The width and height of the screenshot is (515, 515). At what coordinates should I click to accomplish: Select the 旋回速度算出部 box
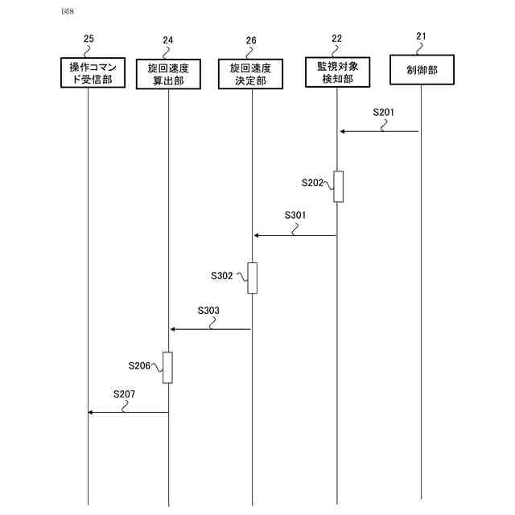(x=169, y=73)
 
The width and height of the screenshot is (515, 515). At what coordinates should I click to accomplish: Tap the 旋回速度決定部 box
(x=251, y=73)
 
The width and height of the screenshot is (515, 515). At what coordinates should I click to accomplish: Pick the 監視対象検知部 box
(x=337, y=72)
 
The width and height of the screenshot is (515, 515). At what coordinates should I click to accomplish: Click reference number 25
(x=89, y=39)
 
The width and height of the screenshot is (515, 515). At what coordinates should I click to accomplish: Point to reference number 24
(x=167, y=39)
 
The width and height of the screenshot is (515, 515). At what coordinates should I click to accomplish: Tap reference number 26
(x=251, y=39)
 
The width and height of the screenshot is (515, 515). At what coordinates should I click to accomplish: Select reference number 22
(x=336, y=39)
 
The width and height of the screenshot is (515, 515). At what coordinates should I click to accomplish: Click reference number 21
(x=422, y=36)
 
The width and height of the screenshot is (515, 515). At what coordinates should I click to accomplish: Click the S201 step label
(x=384, y=112)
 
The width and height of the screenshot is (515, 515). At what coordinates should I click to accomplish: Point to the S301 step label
(x=295, y=216)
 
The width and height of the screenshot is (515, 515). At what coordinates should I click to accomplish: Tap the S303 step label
(x=208, y=310)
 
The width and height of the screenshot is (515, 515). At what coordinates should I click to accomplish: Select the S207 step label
(x=124, y=393)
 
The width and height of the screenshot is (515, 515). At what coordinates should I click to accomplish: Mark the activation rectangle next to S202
(x=339, y=187)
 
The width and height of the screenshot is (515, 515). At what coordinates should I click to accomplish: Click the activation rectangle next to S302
(x=253, y=278)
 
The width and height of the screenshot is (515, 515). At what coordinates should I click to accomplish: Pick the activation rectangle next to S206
(x=168, y=368)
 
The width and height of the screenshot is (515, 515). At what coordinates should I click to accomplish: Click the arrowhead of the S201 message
(x=342, y=131)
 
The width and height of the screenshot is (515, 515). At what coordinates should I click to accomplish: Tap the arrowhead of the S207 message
(x=91, y=412)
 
